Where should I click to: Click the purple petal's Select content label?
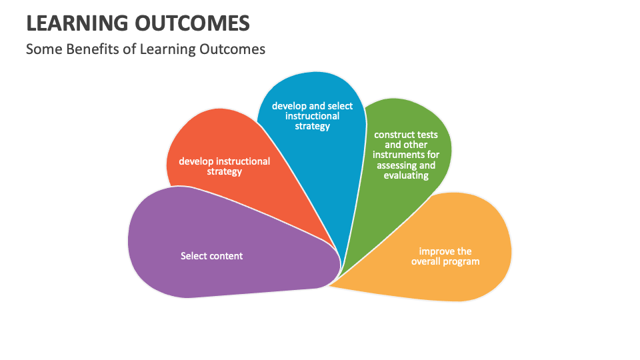[211, 256]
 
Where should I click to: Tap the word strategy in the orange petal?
[224, 171]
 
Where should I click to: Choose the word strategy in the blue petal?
[312, 126]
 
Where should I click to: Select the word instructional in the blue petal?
[312, 116]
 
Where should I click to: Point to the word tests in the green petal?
[427, 135]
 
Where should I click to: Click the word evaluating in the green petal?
[406, 175]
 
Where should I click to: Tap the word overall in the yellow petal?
[427, 261]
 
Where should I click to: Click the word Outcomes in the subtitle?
[232, 49]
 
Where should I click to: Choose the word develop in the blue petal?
[289, 106]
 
